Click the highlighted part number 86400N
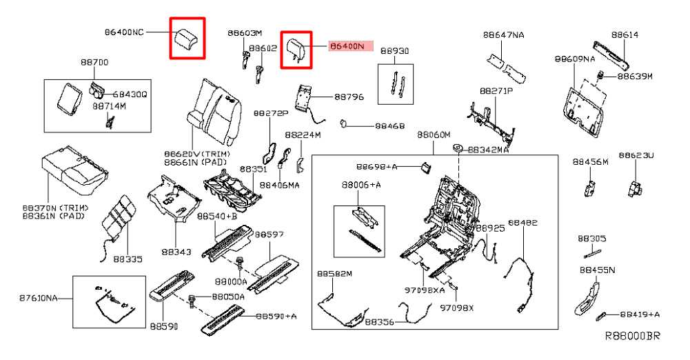[x=349, y=46]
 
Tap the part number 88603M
[x=245, y=33]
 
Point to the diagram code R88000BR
[x=632, y=337]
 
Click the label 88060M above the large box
[x=433, y=134]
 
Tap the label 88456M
[x=590, y=161]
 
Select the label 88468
[x=389, y=127]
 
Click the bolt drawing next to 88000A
[x=240, y=264]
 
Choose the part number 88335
[x=128, y=259]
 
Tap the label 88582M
[x=334, y=274]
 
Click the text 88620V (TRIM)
[x=196, y=153]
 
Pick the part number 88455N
[x=597, y=270]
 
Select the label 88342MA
[x=489, y=149]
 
